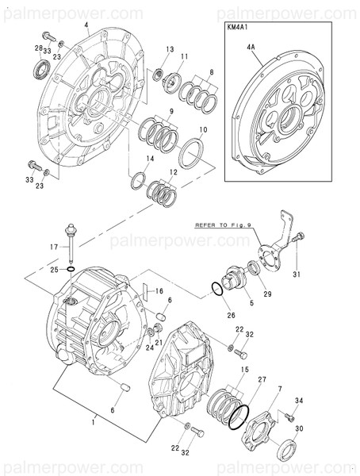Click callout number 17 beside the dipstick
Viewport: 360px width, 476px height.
point(54,248)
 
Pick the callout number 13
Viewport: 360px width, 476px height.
point(169,49)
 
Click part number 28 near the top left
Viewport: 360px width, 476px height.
point(37,49)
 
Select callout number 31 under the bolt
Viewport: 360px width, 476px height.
point(297,274)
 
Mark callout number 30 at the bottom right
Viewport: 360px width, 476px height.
point(299,428)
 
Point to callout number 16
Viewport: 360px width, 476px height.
point(159,292)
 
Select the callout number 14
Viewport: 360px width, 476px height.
point(149,159)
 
